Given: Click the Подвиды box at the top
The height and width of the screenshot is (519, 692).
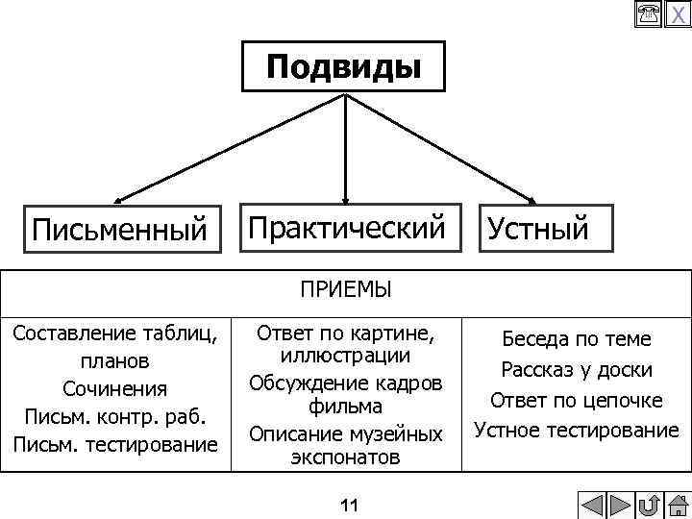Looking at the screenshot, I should pos(343,66).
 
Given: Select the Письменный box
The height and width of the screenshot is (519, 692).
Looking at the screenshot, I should pos(120,230).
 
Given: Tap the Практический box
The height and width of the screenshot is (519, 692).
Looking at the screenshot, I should pos(348,228).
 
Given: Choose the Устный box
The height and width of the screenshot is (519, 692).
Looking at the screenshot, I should pos(538,229).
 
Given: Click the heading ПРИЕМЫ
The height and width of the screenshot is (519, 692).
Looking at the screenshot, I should pos(345,289).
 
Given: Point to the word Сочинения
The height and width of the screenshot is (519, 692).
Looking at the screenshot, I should pos(115,389).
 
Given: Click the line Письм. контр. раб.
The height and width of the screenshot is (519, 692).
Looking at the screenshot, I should pos(115,417).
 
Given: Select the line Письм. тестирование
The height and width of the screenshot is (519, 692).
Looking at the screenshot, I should pos(115,445).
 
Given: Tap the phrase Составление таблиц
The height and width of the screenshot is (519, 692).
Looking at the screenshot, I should pos(115,334).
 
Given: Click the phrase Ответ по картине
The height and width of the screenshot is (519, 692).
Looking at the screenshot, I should pos(345,334).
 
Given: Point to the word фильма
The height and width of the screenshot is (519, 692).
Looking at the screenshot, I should pos(345,407).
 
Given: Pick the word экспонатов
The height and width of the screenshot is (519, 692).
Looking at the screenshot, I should pos(345,457).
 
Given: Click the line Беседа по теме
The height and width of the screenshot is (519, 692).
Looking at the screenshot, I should pos(577,339).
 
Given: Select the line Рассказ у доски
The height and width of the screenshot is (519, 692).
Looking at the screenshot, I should pos(577,370).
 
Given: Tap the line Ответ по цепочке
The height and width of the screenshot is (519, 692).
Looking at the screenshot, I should pos(577,400).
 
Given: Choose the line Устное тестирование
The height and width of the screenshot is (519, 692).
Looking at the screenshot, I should pos(577,430).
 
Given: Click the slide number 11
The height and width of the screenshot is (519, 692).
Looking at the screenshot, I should pos(348,506).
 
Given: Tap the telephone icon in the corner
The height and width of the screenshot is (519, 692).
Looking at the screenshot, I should pos(648,12).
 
